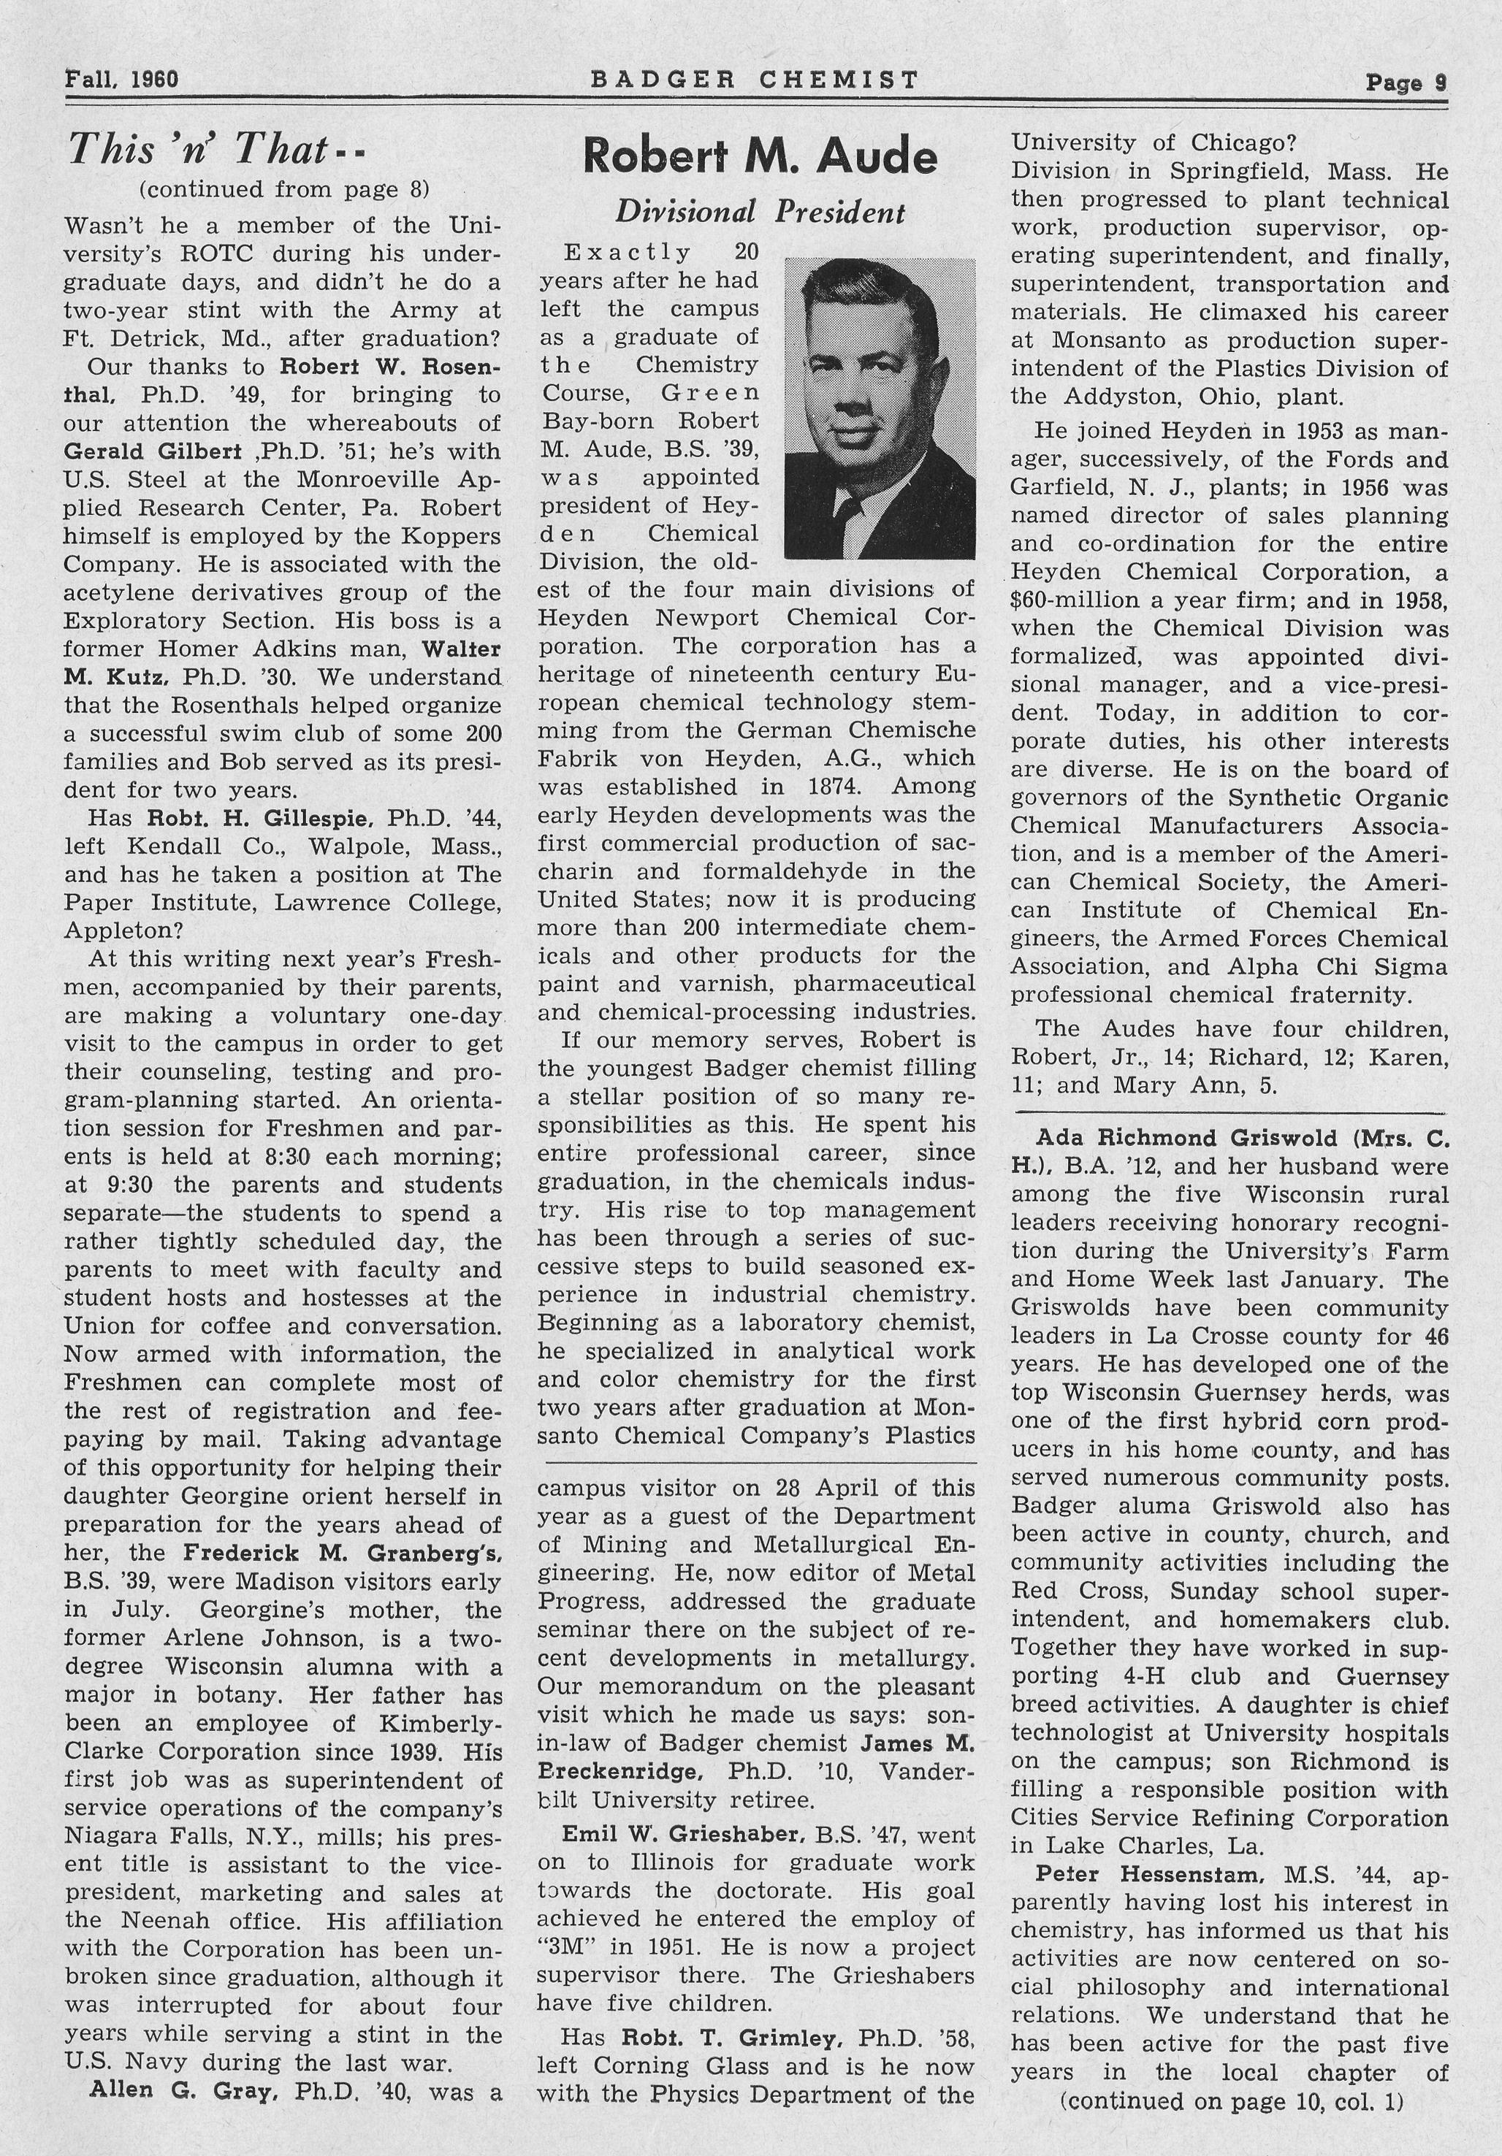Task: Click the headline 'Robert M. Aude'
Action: [759, 157]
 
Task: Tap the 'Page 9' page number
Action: [1406, 83]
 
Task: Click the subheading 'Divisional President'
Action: [759, 213]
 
